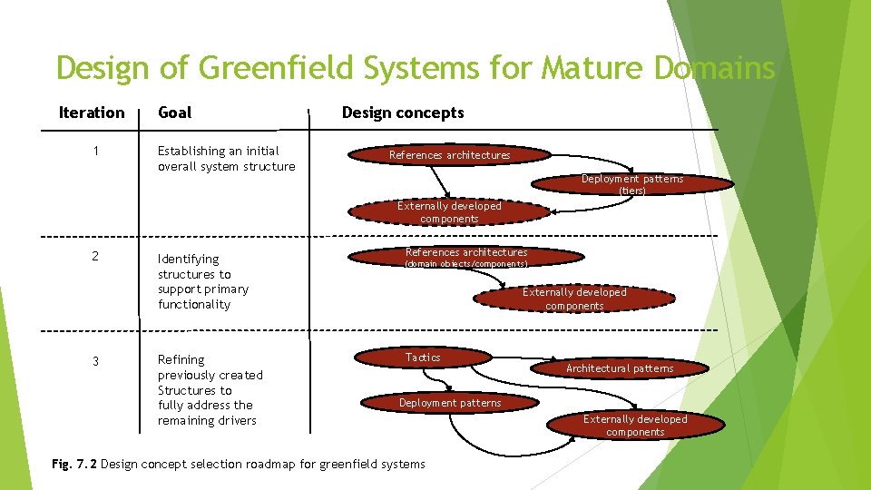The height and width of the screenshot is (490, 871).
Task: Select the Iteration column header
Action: click(x=91, y=113)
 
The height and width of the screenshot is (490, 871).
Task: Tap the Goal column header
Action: click(x=174, y=113)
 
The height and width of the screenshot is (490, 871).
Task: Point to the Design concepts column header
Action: click(x=402, y=113)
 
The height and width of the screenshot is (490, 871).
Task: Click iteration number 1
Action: click(x=96, y=151)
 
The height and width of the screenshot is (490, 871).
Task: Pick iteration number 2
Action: click(x=94, y=256)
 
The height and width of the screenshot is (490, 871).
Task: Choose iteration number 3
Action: click(x=94, y=362)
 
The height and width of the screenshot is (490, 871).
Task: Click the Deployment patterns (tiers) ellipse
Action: click(x=632, y=184)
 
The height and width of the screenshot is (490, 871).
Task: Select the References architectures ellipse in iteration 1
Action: click(x=449, y=155)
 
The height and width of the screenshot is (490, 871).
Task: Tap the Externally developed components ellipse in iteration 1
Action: click(x=449, y=212)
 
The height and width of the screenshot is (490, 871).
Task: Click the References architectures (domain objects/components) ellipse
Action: click(x=466, y=258)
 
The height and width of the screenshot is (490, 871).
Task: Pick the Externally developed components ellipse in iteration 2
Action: click(x=574, y=299)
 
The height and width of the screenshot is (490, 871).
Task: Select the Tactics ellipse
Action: click(x=423, y=358)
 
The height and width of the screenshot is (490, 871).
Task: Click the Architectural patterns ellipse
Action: click(x=620, y=368)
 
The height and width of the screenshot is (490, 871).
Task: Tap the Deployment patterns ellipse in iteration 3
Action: click(x=450, y=403)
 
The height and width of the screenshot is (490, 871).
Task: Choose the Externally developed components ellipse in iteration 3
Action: click(x=635, y=426)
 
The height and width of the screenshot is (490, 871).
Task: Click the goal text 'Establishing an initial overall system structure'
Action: click(x=226, y=159)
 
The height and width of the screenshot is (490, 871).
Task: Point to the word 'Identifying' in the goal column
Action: click(x=188, y=260)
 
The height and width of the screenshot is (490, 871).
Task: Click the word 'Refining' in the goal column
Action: click(x=181, y=360)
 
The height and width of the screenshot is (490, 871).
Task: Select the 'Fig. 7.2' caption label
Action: click(x=74, y=465)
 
